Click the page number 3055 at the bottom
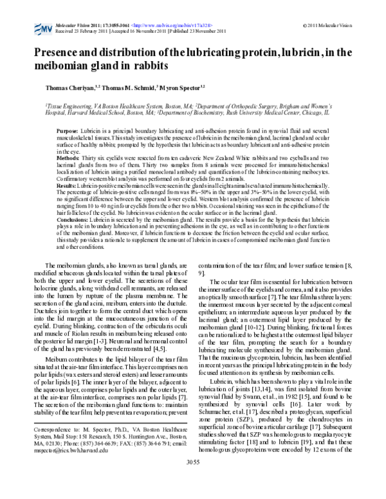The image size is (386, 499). pyautogui.click(x=193, y=480)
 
